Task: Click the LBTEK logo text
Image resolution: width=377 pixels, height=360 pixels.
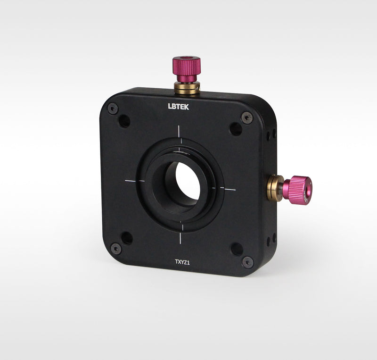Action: pyautogui.click(x=179, y=107)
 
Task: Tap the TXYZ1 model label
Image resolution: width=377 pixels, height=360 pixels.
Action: pyautogui.click(x=182, y=262)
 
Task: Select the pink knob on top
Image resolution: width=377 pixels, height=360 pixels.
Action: pyautogui.click(x=187, y=68)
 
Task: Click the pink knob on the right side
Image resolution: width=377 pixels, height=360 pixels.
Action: pyautogui.click(x=297, y=190)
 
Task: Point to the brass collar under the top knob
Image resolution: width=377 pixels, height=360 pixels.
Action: pyautogui.click(x=187, y=88)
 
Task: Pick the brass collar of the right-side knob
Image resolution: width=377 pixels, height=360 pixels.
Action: pyautogui.click(x=275, y=188)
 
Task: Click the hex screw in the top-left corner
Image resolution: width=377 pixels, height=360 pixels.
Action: pyautogui.click(x=113, y=109)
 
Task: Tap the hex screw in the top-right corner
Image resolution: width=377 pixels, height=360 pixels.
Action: pyautogui.click(x=247, y=118)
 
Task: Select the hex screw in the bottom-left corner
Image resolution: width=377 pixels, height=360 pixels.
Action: pyautogui.click(x=116, y=249)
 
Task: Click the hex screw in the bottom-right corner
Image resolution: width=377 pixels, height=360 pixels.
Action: pyautogui.click(x=248, y=262)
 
